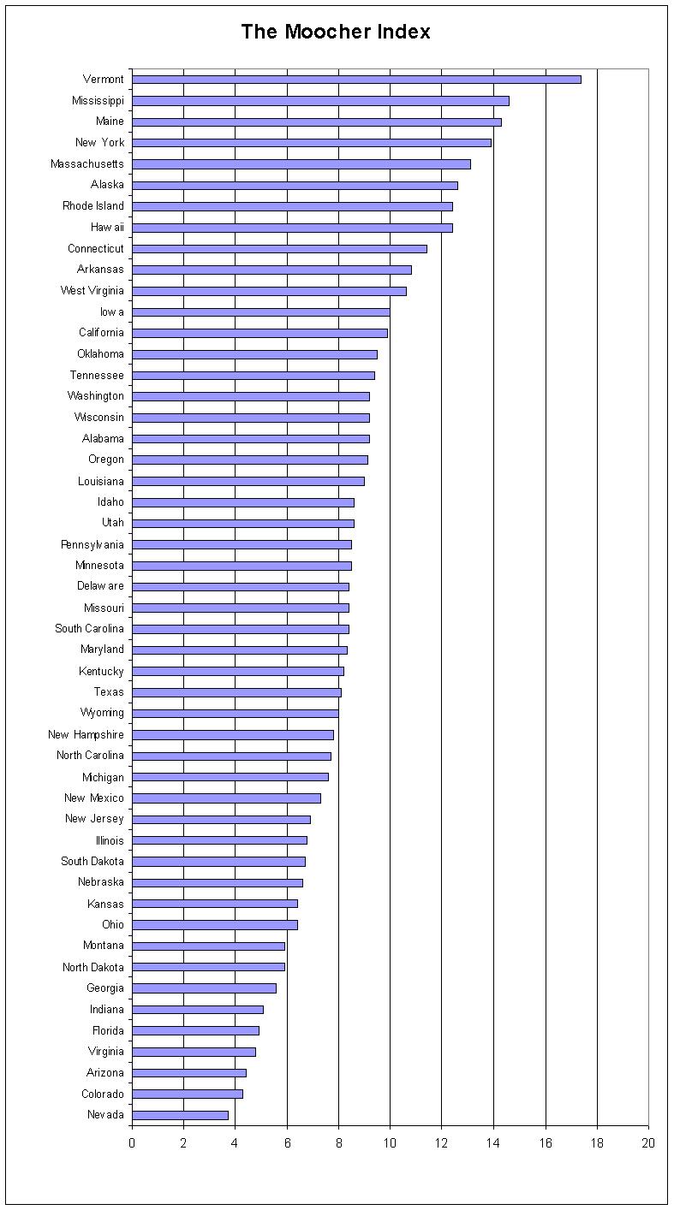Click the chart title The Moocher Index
tap(336, 32)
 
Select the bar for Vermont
tap(356, 80)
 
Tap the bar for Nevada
tap(180, 1115)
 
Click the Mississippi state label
tap(98, 101)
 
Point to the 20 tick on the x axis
tap(647, 1143)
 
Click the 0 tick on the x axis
tap(132, 1143)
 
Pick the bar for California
tap(259, 333)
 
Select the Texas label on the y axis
tap(109, 692)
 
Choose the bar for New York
tap(312, 143)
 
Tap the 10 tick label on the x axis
tap(390, 1143)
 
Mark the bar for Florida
tap(195, 1030)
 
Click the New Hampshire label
tap(86, 735)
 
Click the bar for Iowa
tap(261, 312)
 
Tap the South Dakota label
tap(92, 862)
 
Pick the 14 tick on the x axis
tap(493, 1143)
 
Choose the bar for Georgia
tap(204, 988)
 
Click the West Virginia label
tap(92, 291)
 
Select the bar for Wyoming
tap(236, 714)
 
